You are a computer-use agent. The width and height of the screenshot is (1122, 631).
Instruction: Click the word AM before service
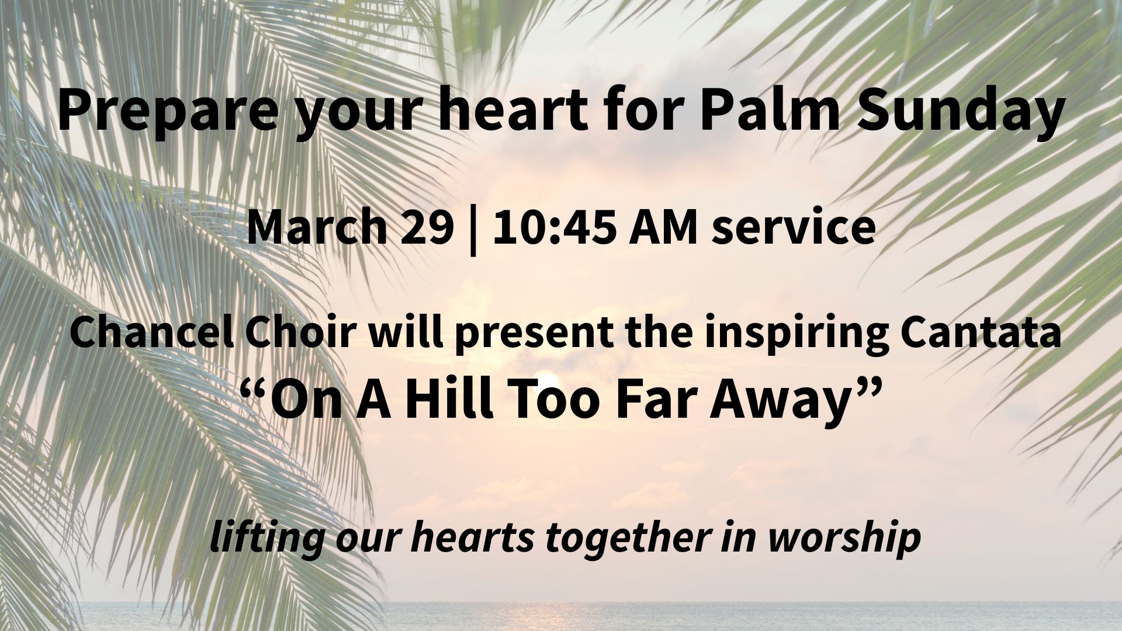point(663,227)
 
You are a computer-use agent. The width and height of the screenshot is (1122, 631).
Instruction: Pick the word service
point(794,227)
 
